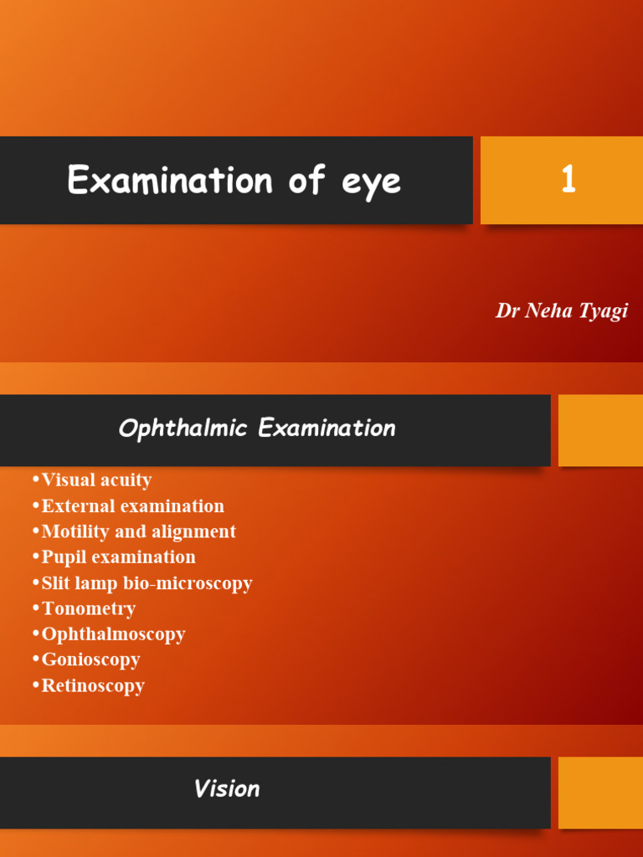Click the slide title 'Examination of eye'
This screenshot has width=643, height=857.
(x=234, y=181)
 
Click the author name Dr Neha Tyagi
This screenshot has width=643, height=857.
(x=561, y=311)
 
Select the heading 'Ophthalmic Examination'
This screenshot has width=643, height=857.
(x=257, y=428)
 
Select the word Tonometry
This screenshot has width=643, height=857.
(x=88, y=608)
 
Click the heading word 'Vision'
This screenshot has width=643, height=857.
(x=227, y=789)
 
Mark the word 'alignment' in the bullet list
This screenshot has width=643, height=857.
(x=195, y=531)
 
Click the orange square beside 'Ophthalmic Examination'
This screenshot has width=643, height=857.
(x=600, y=430)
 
